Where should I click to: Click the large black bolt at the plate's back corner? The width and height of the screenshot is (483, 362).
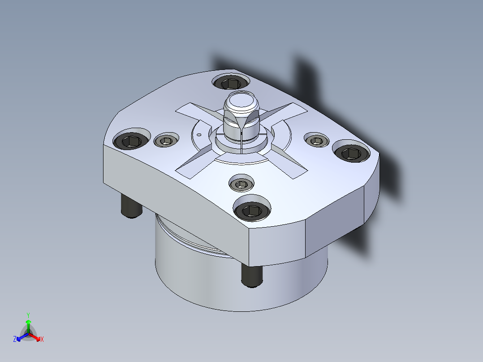pos(231,82)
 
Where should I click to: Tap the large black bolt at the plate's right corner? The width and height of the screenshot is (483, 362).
pos(351,153)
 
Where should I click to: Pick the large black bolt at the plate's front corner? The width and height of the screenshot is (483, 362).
pos(252,211)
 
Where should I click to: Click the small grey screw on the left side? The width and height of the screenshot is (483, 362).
pos(166,141)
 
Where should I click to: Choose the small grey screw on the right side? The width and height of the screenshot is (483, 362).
pos(317,141)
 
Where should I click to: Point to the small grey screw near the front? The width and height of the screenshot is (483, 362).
pos(241,184)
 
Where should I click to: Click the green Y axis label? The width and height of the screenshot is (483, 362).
pos(28,315)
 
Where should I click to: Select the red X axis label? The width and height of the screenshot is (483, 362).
pos(42,339)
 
